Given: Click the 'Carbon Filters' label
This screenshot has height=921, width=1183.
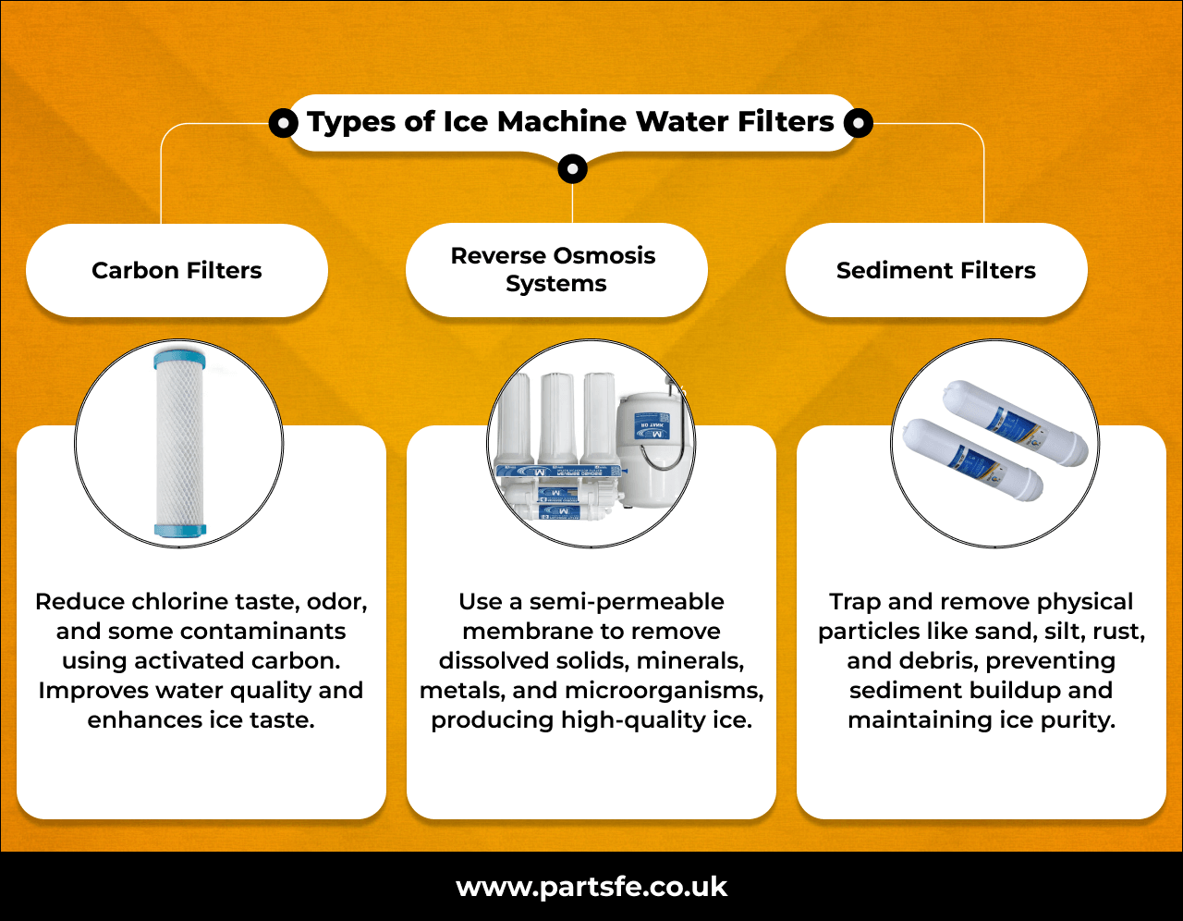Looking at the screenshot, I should pos(177,271).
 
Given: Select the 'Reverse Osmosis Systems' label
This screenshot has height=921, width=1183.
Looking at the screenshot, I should pos(554,269).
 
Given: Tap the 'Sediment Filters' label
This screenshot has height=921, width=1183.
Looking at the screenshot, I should pos(935,271).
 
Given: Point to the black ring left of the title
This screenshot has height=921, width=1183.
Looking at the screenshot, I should pos(283,122).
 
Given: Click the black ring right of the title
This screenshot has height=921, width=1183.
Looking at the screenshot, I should pos(859,122).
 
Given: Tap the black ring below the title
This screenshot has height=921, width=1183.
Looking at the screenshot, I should pos(573,169).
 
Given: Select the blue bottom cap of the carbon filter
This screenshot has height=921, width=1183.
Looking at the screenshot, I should pos(180,530).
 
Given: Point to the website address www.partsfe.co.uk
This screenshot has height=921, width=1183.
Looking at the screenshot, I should pos(591,888).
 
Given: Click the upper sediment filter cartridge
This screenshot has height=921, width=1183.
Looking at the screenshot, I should pos(1015,424).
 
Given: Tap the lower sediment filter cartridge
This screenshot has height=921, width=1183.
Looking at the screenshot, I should pos(972,460).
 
